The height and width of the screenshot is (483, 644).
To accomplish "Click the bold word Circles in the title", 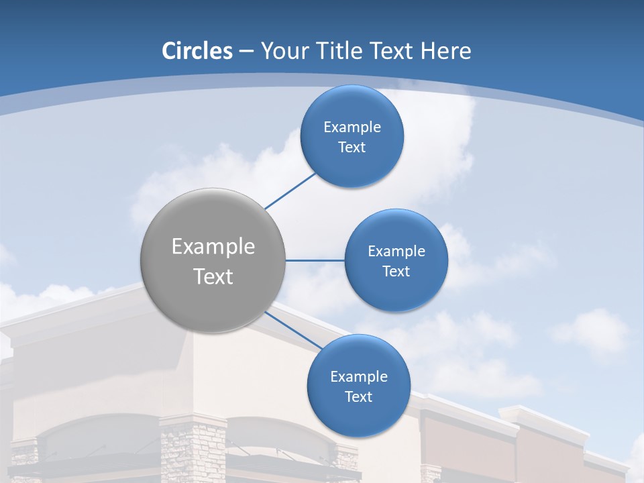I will (x=197, y=51).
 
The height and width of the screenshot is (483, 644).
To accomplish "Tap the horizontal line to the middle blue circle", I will (x=315, y=260).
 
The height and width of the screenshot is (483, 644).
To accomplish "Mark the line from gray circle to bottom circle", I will (x=292, y=330).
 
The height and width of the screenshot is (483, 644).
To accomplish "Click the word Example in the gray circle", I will (x=213, y=247).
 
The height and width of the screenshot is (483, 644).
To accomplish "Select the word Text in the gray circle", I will (x=213, y=276).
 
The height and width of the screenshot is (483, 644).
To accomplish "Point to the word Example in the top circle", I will (x=352, y=127).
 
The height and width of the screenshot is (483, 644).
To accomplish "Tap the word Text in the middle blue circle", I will (x=396, y=272).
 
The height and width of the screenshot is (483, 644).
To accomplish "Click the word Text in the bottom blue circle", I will (x=358, y=397).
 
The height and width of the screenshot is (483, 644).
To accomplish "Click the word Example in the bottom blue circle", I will (x=359, y=377).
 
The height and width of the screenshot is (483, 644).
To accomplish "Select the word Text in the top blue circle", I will (x=352, y=148).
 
